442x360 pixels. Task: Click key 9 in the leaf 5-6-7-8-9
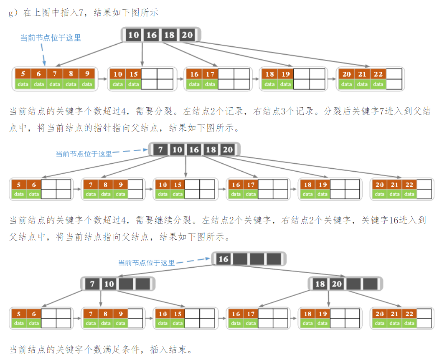87,74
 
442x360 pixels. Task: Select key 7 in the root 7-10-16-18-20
160,149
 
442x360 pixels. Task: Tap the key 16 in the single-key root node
224,259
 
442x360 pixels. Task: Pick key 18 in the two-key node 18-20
320,284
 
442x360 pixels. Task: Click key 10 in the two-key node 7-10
109,284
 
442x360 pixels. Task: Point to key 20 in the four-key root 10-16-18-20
187,35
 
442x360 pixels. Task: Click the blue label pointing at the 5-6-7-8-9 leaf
51,38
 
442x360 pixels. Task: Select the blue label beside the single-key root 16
146,263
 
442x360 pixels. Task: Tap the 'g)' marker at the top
13,13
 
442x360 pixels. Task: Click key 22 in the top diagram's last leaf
378,74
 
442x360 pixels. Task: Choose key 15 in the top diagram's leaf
134,74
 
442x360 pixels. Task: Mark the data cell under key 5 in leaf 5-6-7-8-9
23,84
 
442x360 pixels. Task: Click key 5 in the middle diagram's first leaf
18,185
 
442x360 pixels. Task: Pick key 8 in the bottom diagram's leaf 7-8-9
105,314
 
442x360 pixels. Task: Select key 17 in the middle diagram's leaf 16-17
251,185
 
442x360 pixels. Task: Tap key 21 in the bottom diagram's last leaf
394,314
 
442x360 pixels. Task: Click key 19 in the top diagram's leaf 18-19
285,74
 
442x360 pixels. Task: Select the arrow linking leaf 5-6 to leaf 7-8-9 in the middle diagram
77,189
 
